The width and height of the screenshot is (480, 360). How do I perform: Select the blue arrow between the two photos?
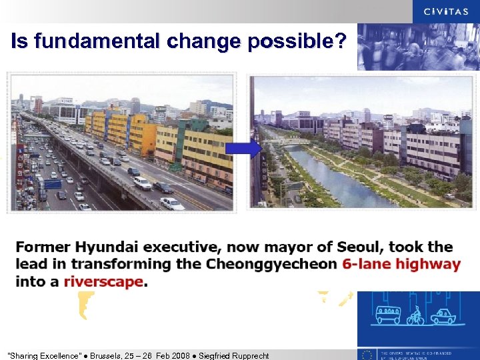click(x=249, y=149)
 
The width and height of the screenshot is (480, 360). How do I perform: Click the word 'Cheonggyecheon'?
click(x=271, y=264)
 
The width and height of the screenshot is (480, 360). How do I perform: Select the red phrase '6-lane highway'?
click(x=401, y=264)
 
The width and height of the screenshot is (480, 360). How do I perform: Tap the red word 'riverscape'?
click(x=103, y=281)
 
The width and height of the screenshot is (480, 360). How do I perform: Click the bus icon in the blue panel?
click(x=389, y=314)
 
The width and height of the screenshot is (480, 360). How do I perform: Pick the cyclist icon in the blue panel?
click(x=415, y=315)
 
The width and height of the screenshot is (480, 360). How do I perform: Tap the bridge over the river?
click(x=291, y=142)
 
